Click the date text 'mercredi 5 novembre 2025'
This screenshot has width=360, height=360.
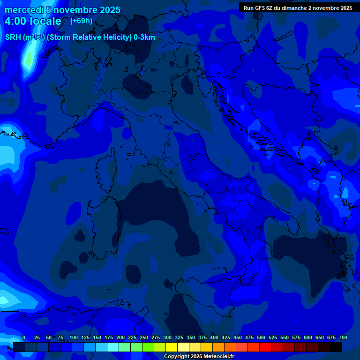(62, 10)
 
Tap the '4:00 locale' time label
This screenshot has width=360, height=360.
(33, 21)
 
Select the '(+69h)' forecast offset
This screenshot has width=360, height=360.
(81, 21)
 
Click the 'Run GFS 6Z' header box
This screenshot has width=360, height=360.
(298, 8)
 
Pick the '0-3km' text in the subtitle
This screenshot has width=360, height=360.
(144, 37)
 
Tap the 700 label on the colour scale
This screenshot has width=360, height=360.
(343, 337)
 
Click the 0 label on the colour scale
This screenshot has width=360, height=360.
(24, 337)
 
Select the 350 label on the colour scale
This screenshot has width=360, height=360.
(191, 337)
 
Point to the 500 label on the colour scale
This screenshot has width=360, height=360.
(261, 337)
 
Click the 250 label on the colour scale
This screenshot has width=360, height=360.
(144, 337)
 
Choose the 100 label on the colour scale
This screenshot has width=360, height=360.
(74, 337)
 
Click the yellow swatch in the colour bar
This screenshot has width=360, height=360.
(172, 347)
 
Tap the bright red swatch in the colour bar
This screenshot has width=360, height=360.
(265, 347)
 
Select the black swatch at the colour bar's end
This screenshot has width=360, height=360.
(336, 347)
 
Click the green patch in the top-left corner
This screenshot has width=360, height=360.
(29, 59)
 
